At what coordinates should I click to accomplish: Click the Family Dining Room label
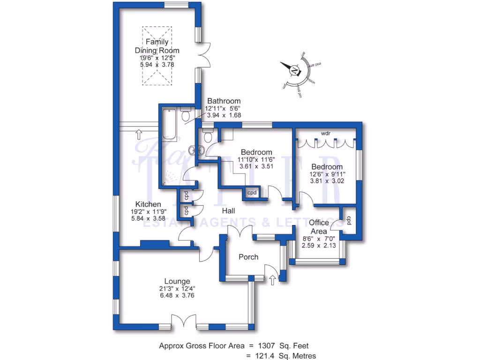pos(157,46)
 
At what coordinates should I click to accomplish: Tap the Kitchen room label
pos(148,204)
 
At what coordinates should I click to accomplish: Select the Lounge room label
pos(177,281)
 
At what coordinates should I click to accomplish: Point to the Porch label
pos(248,257)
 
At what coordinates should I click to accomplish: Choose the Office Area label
pos(319,227)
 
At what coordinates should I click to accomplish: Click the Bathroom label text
pos(224,101)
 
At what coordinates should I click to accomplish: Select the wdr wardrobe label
pos(326,134)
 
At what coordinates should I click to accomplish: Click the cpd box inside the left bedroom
pos(252,193)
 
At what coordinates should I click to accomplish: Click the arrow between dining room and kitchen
pos(139,135)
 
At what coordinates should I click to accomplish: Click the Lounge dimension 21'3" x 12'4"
pos(177,289)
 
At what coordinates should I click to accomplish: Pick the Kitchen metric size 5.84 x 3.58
pos(148,219)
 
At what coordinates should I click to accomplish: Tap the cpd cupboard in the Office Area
pos(349,220)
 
